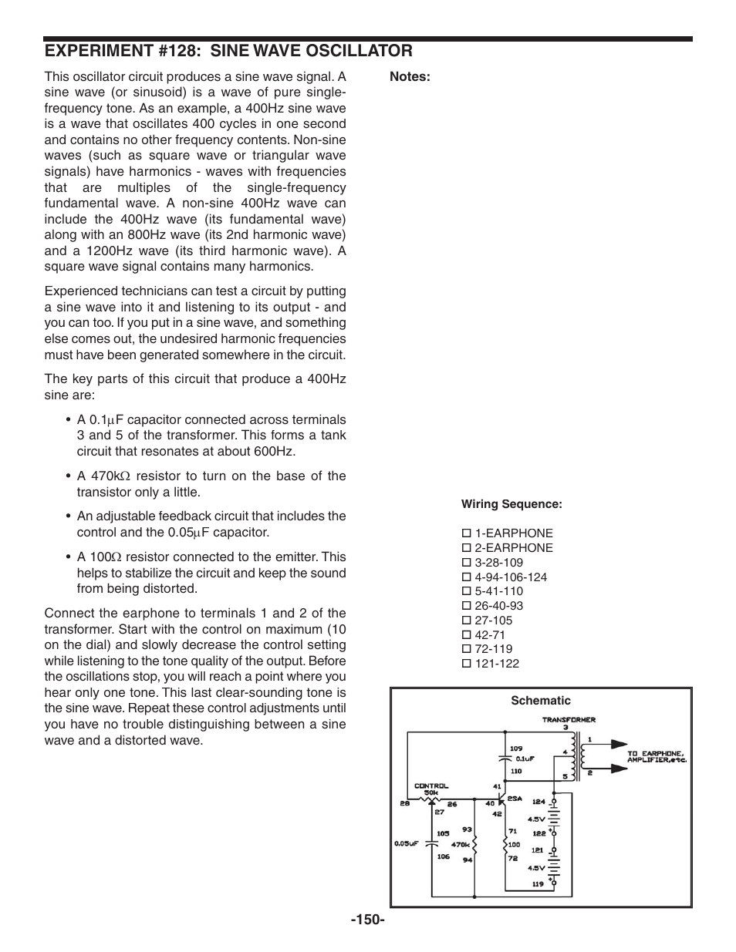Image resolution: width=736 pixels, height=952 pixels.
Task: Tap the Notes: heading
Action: (x=409, y=76)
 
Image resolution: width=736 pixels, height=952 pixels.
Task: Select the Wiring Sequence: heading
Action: (x=511, y=504)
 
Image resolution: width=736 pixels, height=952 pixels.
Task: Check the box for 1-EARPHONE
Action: (x=466, y=533)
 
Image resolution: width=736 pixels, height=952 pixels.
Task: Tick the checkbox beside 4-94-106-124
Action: (x=466, y=577)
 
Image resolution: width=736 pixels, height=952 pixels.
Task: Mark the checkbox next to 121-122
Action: (x=466, y=664)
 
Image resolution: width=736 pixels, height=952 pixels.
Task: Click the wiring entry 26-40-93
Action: (x=498, y=606)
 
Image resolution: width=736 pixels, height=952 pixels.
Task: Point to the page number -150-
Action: (x=367, y=920)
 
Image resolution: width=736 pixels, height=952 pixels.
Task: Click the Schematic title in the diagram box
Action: (x=541, y=701)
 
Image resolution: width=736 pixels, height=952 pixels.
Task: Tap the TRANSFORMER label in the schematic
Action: (x=568, y=720)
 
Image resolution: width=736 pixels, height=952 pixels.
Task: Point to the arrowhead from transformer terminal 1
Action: (x=619, y=745)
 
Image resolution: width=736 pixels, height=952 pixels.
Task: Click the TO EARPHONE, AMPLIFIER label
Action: (x=655, y=756)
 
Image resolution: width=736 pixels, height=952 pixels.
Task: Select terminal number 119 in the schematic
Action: (x=538, y=884)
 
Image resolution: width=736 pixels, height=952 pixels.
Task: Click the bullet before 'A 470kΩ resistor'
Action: (x=69, y=476)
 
